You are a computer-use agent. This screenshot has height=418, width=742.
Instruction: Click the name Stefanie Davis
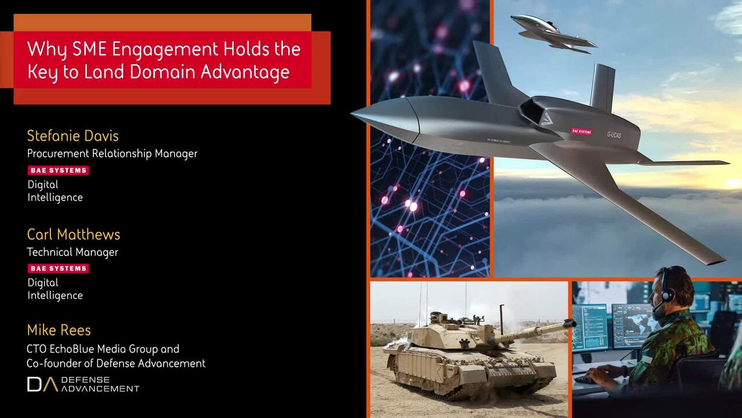pyautogui.click(x=72, y=136)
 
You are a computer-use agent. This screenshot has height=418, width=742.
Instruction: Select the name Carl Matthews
pyautogui.click(x=74, y=235)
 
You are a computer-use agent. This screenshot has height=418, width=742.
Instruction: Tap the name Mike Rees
pyautogui.click(x=59, y=330)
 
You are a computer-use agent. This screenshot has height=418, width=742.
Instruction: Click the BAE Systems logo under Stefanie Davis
pyautogui.click(x=59, y=170)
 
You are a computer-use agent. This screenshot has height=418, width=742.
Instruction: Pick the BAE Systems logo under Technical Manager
pyautogui.click(x=59, y=268)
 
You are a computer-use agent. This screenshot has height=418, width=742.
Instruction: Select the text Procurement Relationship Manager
pyautogui.click(x=112, y=154)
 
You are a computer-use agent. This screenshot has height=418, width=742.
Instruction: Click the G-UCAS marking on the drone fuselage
pyautogui.click(x=614, y=135)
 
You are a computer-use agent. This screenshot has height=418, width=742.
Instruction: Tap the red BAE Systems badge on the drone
pyautogui.click(x=581, y=131)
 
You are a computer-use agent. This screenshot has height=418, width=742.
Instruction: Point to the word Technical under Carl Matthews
pyautogui.click(x=49, y=252)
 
